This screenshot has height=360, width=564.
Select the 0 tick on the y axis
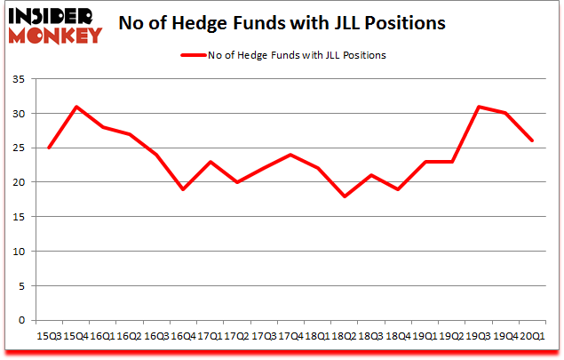point(20,320)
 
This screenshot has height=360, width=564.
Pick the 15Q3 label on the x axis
point(50,336)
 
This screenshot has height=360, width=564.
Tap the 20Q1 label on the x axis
point(531,336)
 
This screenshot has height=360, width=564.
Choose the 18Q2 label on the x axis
point(344,336)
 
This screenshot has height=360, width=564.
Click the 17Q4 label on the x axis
point(290,336)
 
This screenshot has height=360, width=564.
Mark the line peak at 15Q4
point(76,107)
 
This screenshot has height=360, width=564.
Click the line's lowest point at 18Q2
point(344,196)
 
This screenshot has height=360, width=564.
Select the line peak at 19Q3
point(478,107)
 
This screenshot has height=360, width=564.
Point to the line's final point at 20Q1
point(531,141)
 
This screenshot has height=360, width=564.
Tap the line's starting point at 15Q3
point(50,148)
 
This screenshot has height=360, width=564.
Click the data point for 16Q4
point(183,189)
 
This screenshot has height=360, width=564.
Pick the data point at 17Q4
point(290,155)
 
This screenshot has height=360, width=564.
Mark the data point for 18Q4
point(397,189)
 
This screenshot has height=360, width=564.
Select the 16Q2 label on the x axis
point(130,336)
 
